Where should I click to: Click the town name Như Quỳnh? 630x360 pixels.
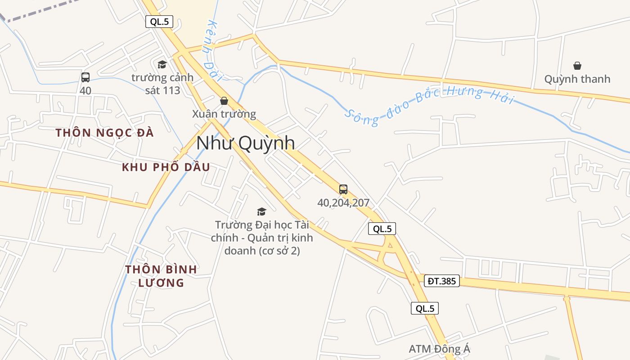click(246, 143)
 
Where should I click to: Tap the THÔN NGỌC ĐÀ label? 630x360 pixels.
click(104, 133)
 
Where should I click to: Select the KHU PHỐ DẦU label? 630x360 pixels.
click(166, 167)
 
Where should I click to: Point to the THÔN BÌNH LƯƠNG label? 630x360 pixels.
click(161, 276)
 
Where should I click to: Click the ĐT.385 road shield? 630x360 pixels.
click(441, 281)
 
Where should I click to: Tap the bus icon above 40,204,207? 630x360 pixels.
click(343, 189)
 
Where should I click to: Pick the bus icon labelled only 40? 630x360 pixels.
click(85, 77)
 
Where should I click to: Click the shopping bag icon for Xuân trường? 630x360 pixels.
click(224, 101)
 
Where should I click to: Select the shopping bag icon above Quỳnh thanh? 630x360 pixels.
click(577, 66)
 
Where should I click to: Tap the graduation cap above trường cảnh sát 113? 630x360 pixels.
click(162, 65)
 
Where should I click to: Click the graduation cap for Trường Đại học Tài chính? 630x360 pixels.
click(261, 211)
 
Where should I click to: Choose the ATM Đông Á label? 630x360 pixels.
click(439, 349)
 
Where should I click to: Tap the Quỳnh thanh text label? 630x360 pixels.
click(577, 79)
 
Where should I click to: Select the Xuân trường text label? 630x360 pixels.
click(224, 114)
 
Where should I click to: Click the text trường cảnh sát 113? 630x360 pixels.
click(162, 84)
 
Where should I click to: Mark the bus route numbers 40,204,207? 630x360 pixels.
click(343, 203)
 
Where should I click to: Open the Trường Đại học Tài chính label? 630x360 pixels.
click(262, 237)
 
